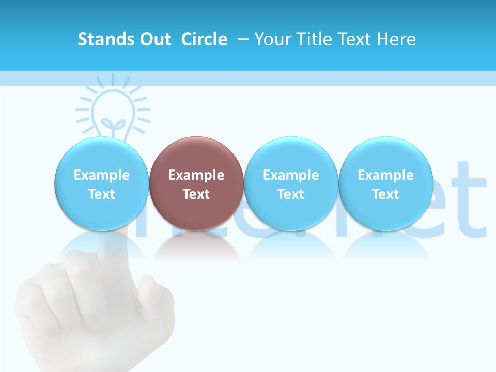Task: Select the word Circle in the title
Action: tap(204, 39)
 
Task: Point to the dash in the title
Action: tap(242, 39)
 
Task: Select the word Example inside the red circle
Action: tap(196, 175)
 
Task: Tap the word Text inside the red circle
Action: tap(196, 194)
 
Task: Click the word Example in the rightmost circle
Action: tap(386, 175)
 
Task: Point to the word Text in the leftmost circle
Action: tap(101, 194)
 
